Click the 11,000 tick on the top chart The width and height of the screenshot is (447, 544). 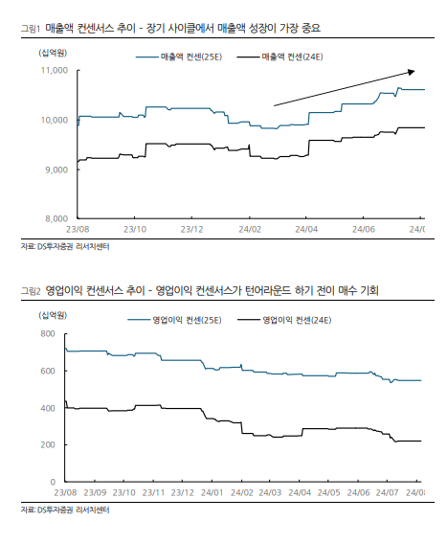(x=55, y=71)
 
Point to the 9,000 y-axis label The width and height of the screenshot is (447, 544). (x=56, y=170)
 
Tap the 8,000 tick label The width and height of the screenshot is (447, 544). (x=56, y=218)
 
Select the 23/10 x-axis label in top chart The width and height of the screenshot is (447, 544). (x=135, y=229)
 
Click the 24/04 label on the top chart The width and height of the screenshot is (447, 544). (x=306, y=229)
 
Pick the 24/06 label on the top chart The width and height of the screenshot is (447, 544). (x=364, y=229)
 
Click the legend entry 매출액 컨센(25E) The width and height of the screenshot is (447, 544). (x=179, y=57)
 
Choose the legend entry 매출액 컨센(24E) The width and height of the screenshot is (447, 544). (x=279, y=57)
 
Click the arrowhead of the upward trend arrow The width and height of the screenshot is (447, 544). (x=412, y=72)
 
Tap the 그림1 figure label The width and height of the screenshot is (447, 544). (x=31, y=28)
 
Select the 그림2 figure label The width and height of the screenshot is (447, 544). (x=31, y=291)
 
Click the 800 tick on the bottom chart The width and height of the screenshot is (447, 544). (x=48, y=333)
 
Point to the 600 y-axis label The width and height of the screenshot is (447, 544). (x=48, y=371)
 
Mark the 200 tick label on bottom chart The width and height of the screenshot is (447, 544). (x=48, y=444)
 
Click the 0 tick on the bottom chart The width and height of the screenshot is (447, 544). (x=53, y=482)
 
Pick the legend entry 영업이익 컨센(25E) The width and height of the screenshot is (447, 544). (x=174, y=320)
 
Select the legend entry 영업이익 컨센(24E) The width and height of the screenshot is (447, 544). (x=284, y=320)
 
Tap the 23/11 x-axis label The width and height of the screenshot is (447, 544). (x=153, y=492)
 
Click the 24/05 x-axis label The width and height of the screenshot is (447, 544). (x=328, y=492)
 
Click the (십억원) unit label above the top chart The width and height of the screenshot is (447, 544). (x=53, y=53)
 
